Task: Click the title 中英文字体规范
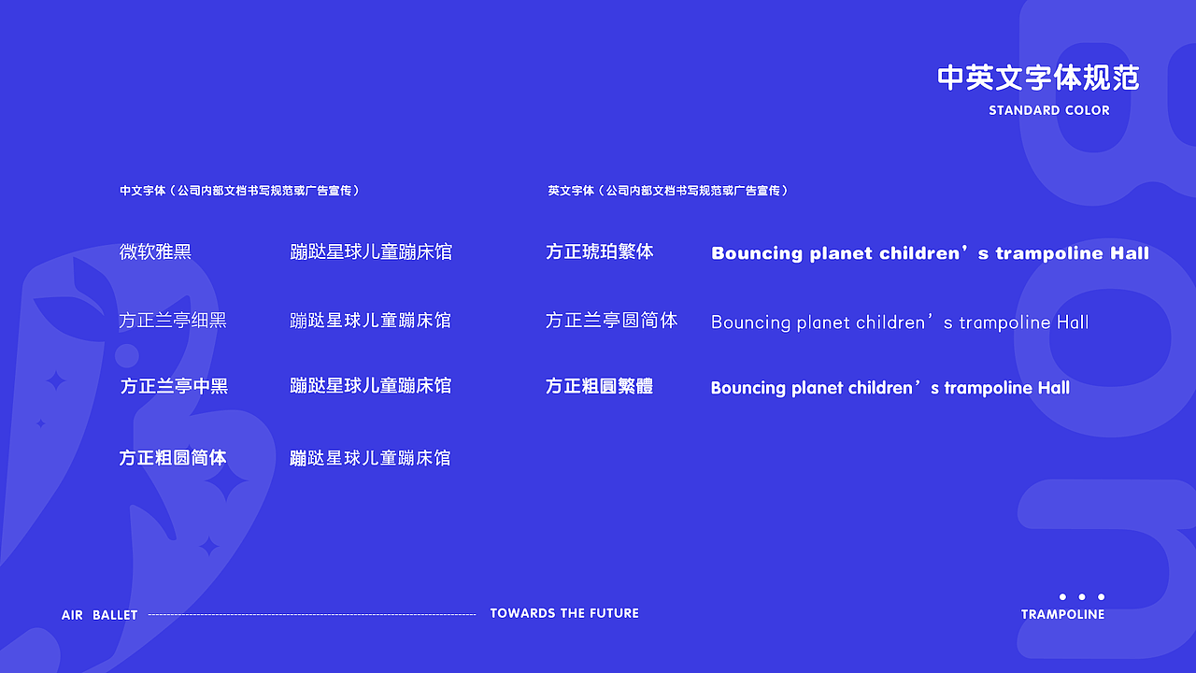point(1038,79)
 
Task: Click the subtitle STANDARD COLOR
point(1049,110)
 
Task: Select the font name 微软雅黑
point(155,251)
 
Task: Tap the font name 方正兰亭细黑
point(173,321)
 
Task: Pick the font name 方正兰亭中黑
point(174,386)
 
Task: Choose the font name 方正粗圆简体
point(173,458)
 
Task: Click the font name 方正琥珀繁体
point(600,251)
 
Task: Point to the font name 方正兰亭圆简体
point(611,321)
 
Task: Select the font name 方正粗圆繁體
point(599,386)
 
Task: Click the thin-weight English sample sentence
point(900,322)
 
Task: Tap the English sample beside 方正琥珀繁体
point(930,253)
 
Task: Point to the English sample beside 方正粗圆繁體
point(890,388)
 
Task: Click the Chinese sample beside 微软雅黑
point(371,251)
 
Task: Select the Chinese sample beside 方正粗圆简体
point(370,458)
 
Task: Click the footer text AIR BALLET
point(100,615)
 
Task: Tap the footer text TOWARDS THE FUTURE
point(564,613)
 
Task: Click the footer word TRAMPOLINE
point(1062,614)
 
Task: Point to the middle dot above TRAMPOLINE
point(1082,596)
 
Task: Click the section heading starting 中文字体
point(239,191)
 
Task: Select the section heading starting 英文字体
point(668,191)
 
